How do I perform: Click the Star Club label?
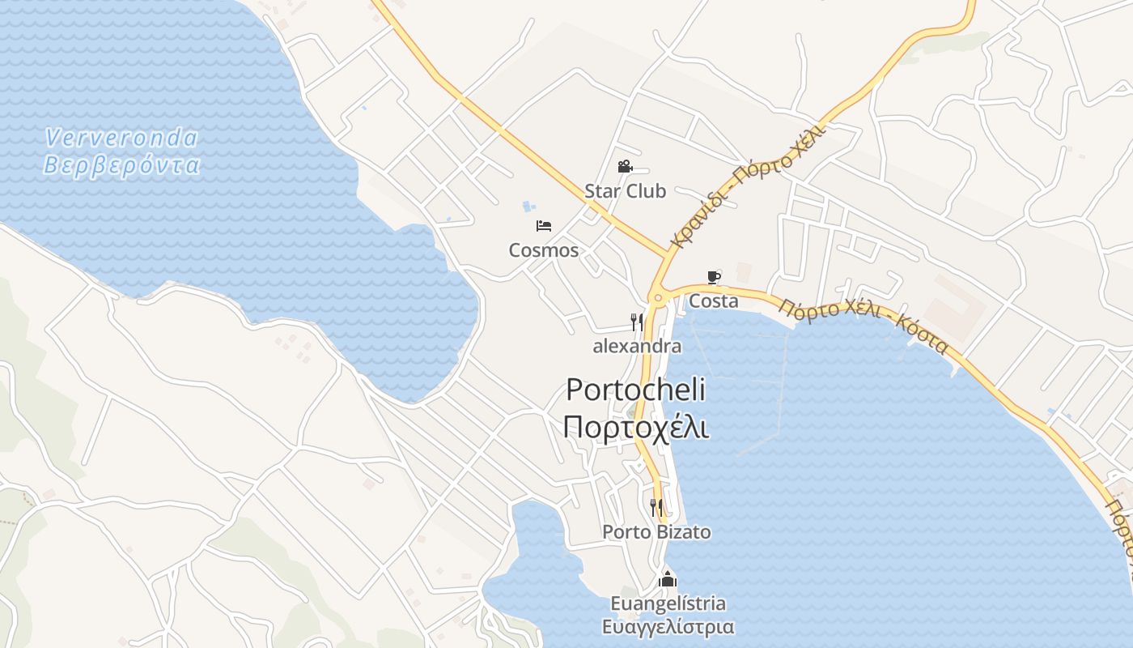[625, 191]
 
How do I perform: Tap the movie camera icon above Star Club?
[625, 167]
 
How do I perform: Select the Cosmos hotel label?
[544, 250]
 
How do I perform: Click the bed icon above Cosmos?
[544, 225]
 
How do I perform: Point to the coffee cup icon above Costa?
[714, 278]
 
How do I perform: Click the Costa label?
[714, 301]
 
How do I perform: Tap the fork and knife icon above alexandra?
[637, 322]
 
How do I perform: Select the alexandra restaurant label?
[637, 347]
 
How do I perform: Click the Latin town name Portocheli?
[635, 390]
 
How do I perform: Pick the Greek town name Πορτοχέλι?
[635, 427]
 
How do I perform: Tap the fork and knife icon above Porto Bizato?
[656, 508]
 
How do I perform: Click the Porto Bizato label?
[656, 532]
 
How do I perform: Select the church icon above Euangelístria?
[668, 579]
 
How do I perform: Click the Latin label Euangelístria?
[668, 604]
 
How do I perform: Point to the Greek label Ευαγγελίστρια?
[668, 627]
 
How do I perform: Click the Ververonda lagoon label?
[121, 139]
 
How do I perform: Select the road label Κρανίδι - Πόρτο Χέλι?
[748, 186]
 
